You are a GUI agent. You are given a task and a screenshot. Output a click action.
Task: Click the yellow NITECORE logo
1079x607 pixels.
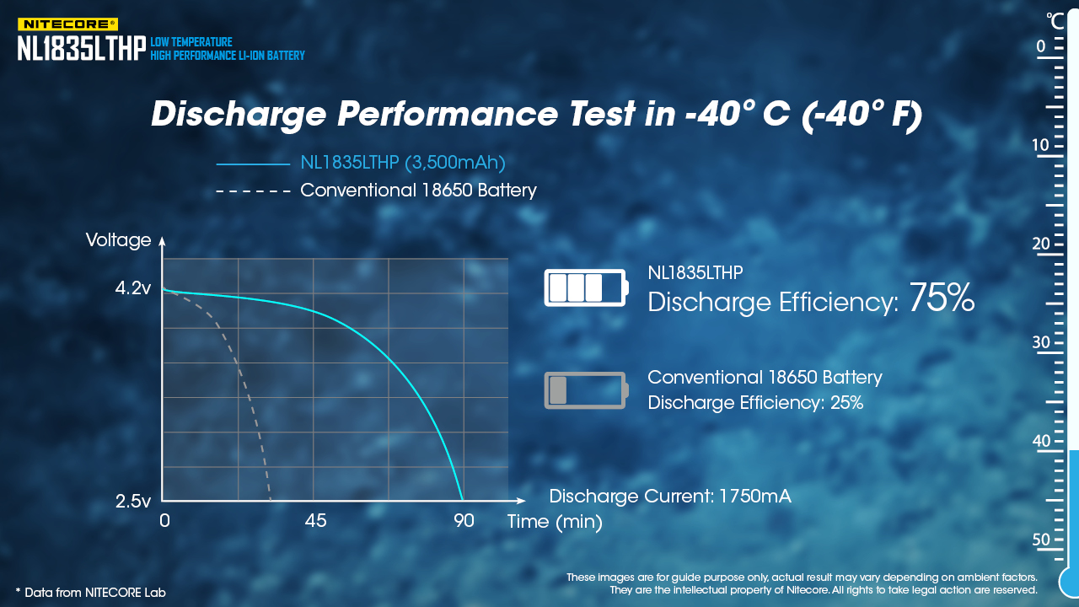point(67,24)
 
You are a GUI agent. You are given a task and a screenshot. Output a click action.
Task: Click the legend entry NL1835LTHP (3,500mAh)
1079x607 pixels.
point(403,163)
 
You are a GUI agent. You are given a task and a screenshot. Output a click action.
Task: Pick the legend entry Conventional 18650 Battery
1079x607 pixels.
point(418,191)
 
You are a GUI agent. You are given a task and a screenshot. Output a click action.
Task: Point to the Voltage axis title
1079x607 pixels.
point(119,240)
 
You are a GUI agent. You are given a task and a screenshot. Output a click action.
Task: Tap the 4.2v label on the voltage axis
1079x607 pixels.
point(133,289)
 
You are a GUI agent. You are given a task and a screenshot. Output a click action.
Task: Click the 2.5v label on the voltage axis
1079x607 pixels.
point(133,502)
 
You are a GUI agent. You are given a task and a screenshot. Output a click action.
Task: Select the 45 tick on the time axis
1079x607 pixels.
point(316,521)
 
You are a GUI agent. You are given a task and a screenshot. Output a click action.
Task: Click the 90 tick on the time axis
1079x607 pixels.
point(464,521)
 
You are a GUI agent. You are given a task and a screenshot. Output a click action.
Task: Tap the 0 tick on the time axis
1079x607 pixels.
point(164,521)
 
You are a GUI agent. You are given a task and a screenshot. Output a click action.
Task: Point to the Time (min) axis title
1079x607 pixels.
point(555,522)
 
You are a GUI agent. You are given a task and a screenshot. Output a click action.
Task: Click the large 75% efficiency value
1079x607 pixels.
point(942,298)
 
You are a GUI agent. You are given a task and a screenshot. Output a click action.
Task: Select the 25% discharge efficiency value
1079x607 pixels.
point(846,403)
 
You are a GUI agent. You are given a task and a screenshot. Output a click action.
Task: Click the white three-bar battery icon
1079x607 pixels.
point(586,287)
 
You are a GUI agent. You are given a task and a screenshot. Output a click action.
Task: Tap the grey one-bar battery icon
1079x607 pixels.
point(586,390)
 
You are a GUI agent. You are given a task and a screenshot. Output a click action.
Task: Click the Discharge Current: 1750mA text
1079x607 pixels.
point(670,497)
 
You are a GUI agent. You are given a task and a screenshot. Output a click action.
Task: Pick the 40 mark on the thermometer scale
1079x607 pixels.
point(1041,441)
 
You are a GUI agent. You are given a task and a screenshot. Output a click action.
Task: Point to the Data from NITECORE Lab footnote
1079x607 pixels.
point(90,593)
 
